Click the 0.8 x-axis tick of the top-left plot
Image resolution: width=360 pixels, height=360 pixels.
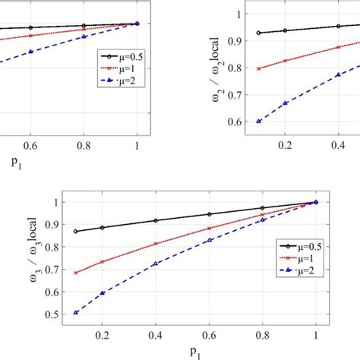84,144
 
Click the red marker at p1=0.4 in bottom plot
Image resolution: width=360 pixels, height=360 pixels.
156,244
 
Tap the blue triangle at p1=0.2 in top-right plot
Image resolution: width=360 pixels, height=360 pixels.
286,103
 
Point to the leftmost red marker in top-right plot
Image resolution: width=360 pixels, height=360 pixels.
260,68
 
